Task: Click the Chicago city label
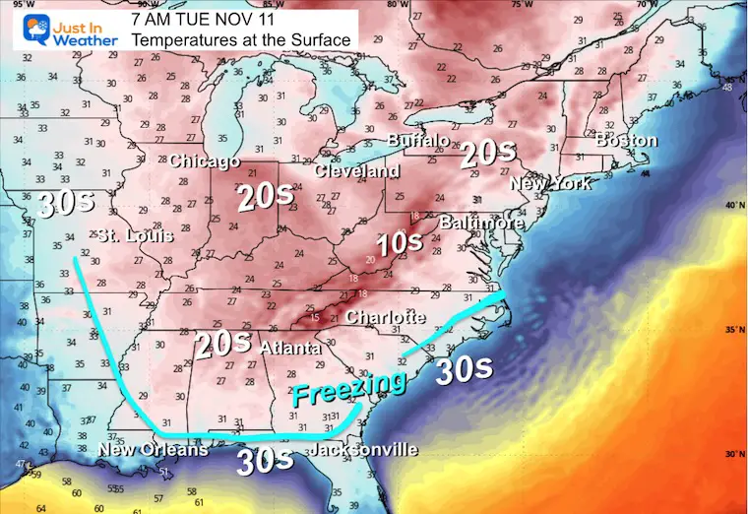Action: (205, 161)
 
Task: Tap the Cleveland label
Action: (357, 171)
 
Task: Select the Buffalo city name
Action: (418, 142)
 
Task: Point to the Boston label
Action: (626, 141)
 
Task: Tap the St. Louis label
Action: (135, 236)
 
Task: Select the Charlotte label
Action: (385, 317)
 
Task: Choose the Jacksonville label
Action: (363, 450)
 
